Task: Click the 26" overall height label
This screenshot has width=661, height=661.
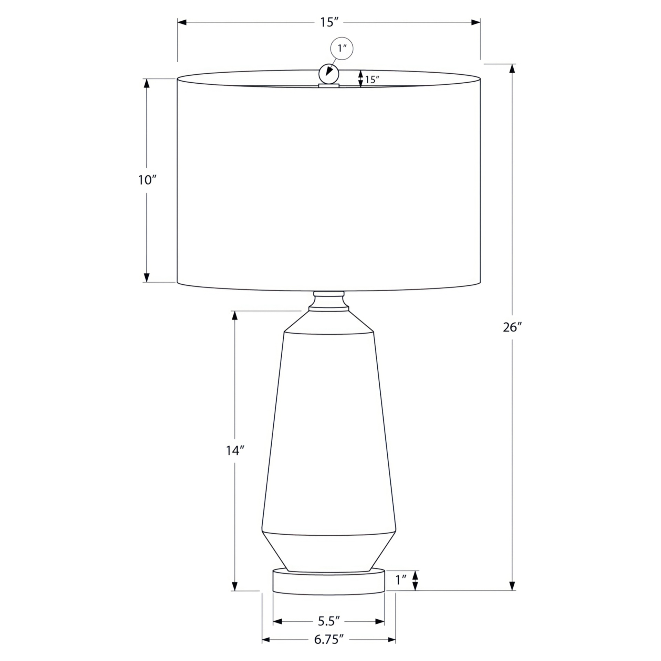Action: point(512,327)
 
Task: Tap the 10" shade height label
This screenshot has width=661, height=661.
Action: point(147,180)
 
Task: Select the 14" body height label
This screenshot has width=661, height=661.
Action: point(235,450)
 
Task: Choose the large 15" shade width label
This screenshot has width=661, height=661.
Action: point(329,22)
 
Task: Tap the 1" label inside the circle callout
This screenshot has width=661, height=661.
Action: point(342,48)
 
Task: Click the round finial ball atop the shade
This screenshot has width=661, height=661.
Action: point(329,74)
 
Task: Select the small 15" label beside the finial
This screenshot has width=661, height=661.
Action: point(372,80)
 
